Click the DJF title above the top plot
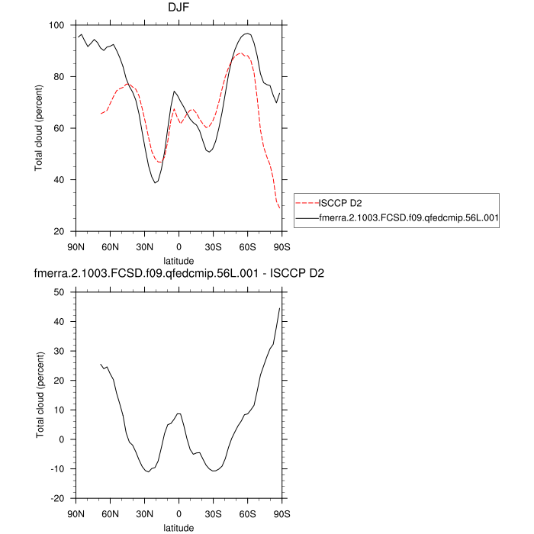pos(179,8)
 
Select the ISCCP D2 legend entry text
pos(340,203)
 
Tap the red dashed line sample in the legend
pos(307,203)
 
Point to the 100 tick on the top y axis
pos(57,25)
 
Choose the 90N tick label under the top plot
pos(76,246)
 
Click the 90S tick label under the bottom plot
pos(281,513)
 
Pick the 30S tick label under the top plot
pos(213,246)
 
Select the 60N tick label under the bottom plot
pos(110,513)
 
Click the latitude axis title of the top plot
pos(179,260)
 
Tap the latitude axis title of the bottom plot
pos(179,527)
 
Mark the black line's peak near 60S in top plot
pos(246,33)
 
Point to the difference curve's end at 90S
pos(281,307)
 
